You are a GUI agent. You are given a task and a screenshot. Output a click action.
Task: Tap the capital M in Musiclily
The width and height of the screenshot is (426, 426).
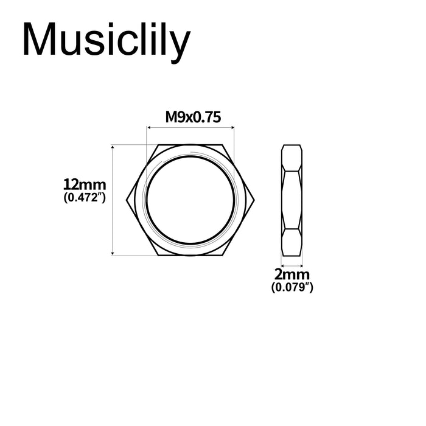(x=39, y=41)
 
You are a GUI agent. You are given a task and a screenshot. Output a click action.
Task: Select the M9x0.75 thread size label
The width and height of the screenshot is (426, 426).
(x=190, y=117)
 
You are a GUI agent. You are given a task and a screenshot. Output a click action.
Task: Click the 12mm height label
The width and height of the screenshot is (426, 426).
(x=85, y=184)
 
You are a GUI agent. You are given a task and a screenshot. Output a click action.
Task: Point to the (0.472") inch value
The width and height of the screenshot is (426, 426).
(x=85, y=198)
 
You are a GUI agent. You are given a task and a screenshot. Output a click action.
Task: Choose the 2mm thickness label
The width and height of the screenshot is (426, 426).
(x=292, y=275)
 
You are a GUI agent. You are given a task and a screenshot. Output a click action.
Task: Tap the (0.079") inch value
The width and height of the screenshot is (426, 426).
(x=292, y=287)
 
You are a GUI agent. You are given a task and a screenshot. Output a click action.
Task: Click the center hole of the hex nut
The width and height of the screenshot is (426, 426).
(x=190, y=200)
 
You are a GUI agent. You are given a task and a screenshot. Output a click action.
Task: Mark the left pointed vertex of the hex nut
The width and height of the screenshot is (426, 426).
(x=128, y=200)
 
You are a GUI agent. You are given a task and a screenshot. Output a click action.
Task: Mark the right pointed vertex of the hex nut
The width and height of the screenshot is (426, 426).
(x=253, y=200)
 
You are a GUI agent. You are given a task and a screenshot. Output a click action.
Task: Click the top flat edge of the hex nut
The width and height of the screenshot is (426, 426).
(x=190, y=146)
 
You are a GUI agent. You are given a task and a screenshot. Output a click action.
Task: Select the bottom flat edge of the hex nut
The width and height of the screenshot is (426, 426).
(x=190, y=254)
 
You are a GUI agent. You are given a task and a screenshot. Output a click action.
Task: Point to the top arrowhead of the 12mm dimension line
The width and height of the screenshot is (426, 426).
(x=113, y=147)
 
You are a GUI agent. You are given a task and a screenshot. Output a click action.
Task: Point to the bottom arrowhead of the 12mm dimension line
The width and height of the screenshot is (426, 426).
(x=113, y=253)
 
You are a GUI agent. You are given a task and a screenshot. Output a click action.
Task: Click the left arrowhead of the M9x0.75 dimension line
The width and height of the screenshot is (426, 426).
(x=148, y=127)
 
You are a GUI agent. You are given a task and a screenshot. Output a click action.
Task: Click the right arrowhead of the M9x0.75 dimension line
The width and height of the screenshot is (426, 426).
(x=232, y=127)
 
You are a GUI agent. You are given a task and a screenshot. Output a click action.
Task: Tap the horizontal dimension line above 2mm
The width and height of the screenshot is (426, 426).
(x=292, y=265)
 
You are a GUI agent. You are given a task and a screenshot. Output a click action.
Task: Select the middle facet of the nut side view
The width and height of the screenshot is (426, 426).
(x=292, y=200)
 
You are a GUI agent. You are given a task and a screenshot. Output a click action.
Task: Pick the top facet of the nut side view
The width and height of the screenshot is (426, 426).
(x=292, y=157)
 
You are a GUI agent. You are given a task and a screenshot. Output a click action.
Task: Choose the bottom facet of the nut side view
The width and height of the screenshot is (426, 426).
(x=292, y=242)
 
